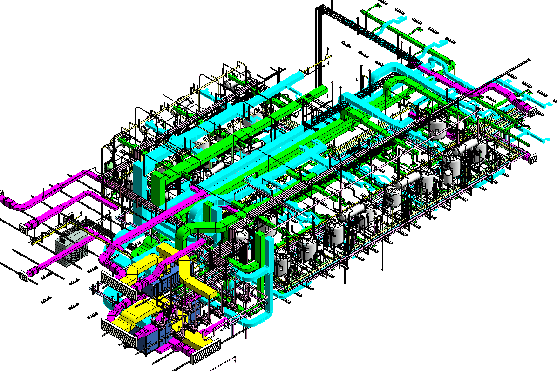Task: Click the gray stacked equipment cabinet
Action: click(x=71, y=247)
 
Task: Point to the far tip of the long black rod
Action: click(x=529, y=60)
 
